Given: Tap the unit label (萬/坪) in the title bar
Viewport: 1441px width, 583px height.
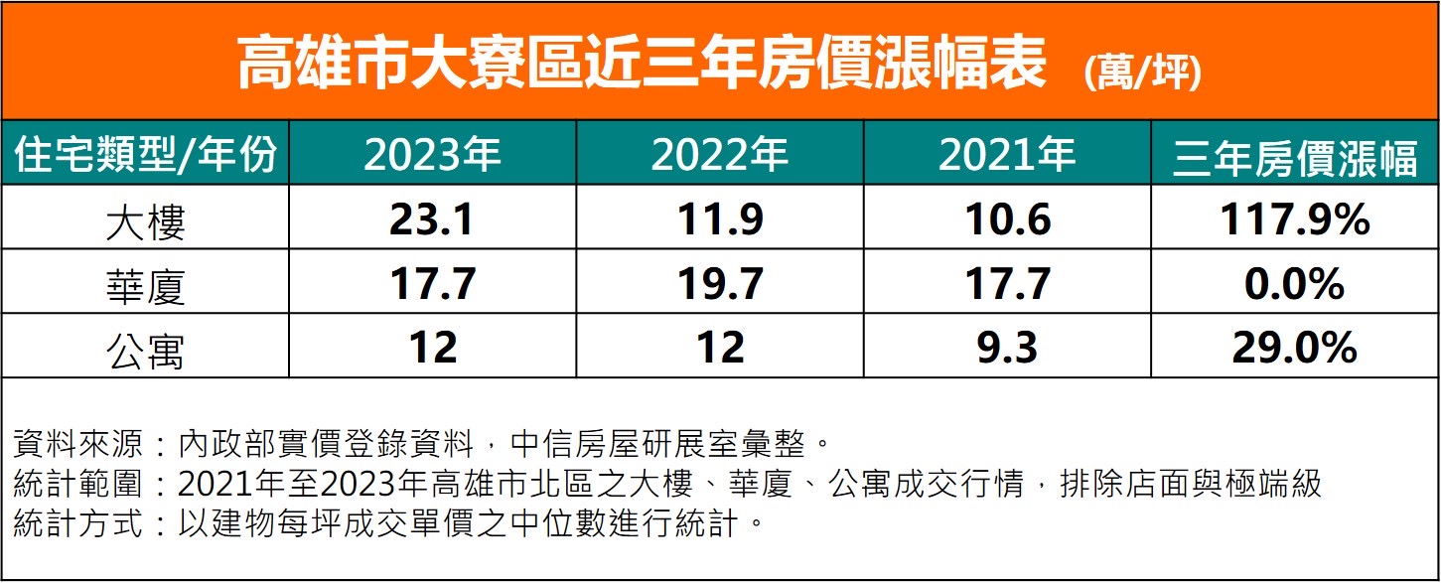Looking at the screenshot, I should [x=1142, y=73].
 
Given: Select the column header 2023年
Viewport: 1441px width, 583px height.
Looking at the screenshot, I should [x=432, y=155].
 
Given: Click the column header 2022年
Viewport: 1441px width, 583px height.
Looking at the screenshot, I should [x=720, y=155].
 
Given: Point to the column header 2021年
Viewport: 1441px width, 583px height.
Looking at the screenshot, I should [x=1007, y=155].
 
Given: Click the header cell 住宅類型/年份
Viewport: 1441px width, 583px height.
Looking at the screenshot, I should [x=145, y=156].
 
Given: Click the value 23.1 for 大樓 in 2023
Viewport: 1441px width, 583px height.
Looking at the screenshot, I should [x=432, y=219].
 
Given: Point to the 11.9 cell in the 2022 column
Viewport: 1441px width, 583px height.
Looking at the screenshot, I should [x=720, y=219].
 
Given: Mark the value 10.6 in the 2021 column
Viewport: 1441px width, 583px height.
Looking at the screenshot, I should [x=1007, y=219].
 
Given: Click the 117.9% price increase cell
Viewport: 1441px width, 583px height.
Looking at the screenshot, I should [x=1295, y=219].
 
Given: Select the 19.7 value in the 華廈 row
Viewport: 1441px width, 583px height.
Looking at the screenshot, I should [x=720, y=284].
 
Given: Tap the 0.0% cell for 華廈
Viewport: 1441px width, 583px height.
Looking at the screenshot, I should [x=1295, y=284].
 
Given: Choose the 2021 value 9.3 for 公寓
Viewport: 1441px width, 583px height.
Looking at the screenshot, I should [x=1007, y=349].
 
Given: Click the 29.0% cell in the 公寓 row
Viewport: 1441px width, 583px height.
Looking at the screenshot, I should [x=1295, y=349].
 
